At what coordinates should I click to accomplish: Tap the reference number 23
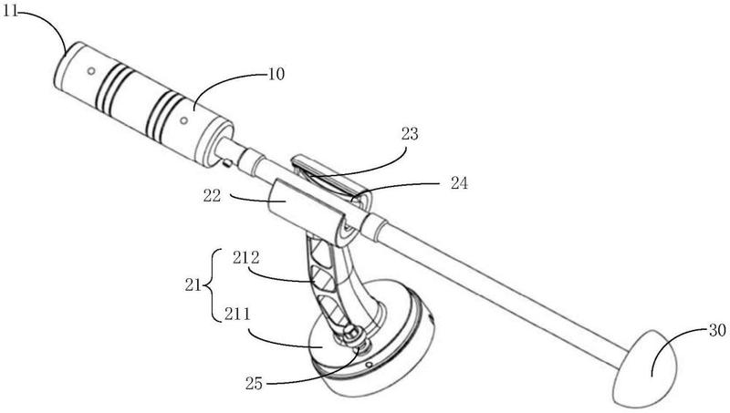410,133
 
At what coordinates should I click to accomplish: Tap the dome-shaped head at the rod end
646,369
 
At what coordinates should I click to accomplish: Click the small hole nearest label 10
182,119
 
